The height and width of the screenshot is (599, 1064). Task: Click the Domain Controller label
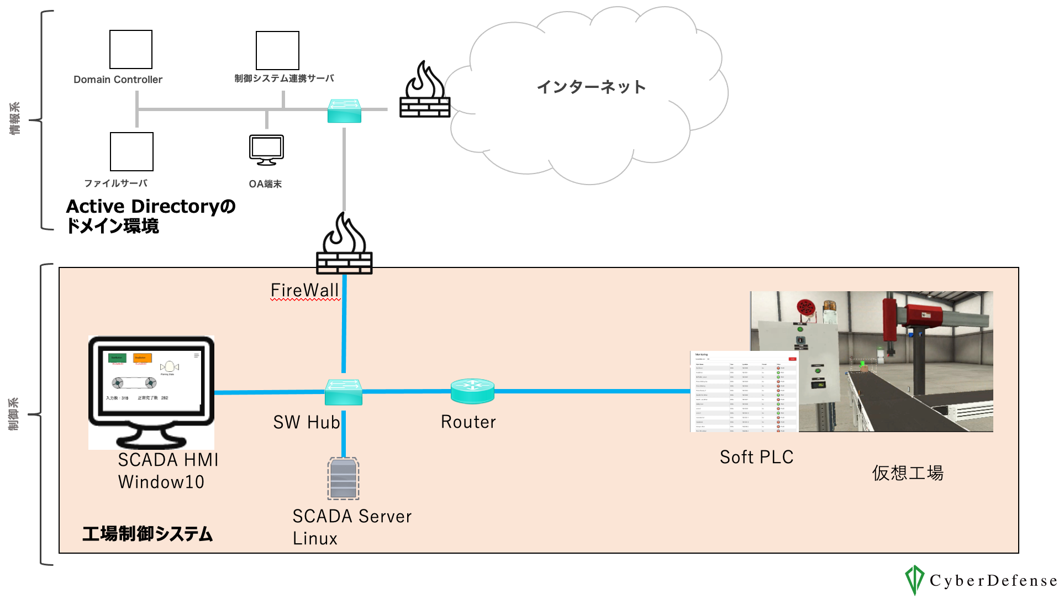(x=118, y=80)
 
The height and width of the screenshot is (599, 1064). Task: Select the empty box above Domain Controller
(x=131, y=49)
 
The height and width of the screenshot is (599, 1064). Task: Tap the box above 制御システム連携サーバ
(x=277, y=50)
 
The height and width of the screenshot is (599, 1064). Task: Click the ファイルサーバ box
(x=131, y=151)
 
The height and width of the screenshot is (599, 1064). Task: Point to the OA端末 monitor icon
(x=266, y=150)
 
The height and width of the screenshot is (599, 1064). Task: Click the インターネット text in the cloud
(x=591, y=87)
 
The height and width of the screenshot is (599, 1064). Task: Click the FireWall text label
(x=304, y=290)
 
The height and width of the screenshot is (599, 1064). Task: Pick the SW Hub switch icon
(x=344, y=392)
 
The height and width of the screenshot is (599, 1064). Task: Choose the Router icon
(x=472, y=391)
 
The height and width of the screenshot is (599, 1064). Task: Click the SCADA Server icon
(x=343, y=478)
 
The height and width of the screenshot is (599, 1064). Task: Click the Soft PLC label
(x=756, y=457)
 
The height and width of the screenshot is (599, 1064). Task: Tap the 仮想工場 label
(x=908, y=473)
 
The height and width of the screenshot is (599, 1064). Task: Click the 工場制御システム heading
(x=148, y=534)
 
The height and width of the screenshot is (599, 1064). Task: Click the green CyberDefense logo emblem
(x=914, y=580)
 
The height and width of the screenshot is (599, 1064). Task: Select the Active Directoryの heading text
(x=151, y=206)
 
